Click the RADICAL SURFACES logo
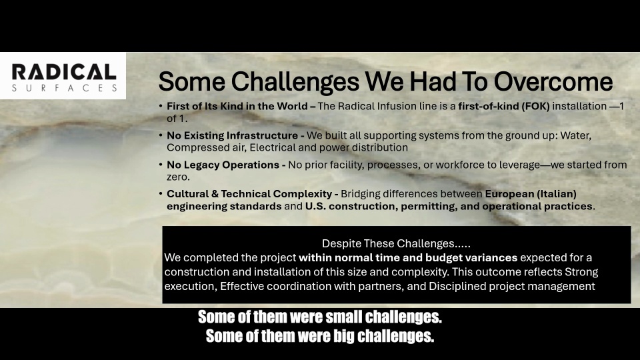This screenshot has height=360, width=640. point(63,77)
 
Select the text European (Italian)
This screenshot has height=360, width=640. point(531,194)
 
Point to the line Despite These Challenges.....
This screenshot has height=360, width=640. point(397,243)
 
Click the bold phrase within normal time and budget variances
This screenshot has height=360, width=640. point(408,257)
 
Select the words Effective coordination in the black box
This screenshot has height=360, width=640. point(271,287)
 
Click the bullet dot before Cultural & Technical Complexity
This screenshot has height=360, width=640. point(160,194)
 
